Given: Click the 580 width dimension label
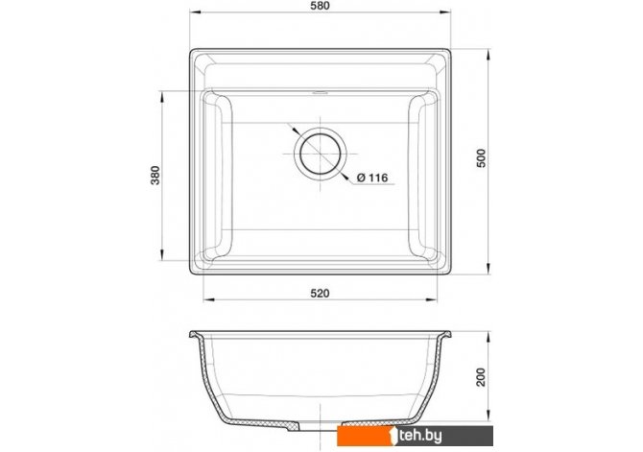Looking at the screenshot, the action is pos(321,6).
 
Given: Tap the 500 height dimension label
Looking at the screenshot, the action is pos(481,158).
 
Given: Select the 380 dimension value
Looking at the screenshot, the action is pos(155,176).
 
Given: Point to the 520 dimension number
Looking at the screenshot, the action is pos(320,294).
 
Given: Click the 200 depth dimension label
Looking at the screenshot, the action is pos(481,377).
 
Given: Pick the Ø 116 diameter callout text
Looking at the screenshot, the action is pos(372,178).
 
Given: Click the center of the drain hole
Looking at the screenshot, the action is pos(321,154).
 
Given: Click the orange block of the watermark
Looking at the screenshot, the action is pos(364,436).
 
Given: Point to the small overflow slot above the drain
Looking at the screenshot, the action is pos(321,92).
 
